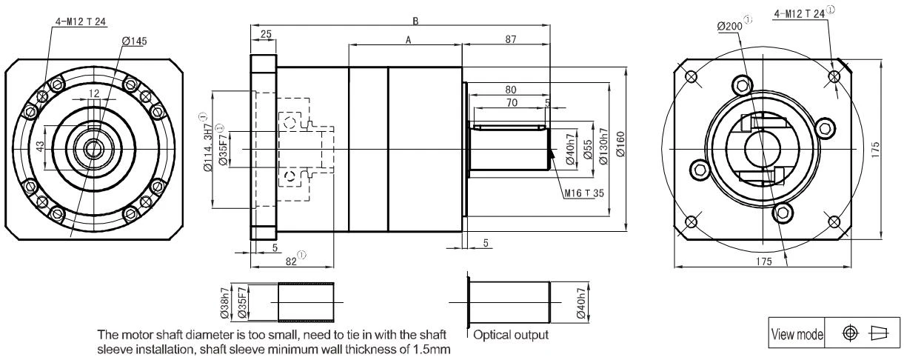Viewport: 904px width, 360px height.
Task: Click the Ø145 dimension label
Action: [135, 41]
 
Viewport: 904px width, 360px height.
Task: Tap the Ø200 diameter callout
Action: [730, 27]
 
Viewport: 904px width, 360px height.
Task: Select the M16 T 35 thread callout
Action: [584, 193]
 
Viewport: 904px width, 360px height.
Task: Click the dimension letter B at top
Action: [415, 21]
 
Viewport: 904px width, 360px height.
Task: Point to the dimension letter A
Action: [408, 40]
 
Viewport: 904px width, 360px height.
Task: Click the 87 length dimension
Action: [511, 39]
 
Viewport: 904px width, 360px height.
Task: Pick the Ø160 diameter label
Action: [620, 144]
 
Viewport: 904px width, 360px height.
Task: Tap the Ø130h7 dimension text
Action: [603, 147]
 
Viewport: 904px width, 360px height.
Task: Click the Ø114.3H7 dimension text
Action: [208, 147]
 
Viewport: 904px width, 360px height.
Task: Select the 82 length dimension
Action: [291, 261]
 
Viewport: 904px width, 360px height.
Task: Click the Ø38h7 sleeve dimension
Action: [225, 303]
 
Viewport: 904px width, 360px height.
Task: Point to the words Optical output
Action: [511, 335]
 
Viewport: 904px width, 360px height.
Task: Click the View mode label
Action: [797, 334]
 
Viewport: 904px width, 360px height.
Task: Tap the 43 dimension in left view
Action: [40, 147]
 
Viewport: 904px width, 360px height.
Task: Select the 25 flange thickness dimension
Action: [266, 34]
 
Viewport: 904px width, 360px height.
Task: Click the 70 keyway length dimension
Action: [512, 103]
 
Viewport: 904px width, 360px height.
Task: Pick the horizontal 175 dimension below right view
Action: [763, 261]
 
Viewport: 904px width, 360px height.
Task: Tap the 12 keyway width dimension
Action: [93, 93]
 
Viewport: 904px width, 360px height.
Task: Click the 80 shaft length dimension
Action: [511, 90]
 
